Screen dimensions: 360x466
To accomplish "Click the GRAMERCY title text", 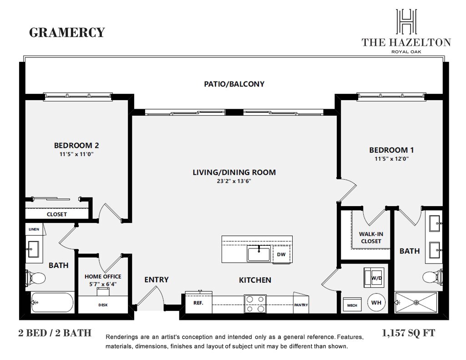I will pos(67,33).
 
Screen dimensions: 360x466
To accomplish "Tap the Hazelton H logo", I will pos(406,22).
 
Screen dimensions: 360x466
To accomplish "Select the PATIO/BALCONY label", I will pos(234,84).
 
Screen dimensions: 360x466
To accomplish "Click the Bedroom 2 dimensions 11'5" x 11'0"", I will pos(76,154).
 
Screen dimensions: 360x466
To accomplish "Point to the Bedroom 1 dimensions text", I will pos(391,159).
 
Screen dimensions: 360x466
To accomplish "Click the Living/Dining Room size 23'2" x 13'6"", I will pos(234,181).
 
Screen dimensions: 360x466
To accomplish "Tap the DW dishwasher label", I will pos(281,254).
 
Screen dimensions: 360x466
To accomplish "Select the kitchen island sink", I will pos(259,254).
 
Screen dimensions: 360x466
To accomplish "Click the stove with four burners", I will pos(255,303).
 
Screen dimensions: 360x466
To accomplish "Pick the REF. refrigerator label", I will pos(198,302).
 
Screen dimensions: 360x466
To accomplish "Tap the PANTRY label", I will pos(301,305).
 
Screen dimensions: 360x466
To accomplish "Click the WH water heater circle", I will pos(376,302).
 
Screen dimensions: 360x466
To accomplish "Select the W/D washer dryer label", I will pos(376,277).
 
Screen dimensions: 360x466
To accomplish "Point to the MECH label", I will pos(352,305).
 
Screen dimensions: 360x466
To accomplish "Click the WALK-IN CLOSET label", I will pos(371,238).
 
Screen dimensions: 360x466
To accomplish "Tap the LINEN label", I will pos(34,229).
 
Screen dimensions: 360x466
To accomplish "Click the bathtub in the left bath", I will pos(52,302).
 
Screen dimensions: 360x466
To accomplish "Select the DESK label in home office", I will pos(103,305).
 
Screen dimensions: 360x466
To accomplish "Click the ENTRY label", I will pos(157,279).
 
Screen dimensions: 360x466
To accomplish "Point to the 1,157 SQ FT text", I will pos(409,333).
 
